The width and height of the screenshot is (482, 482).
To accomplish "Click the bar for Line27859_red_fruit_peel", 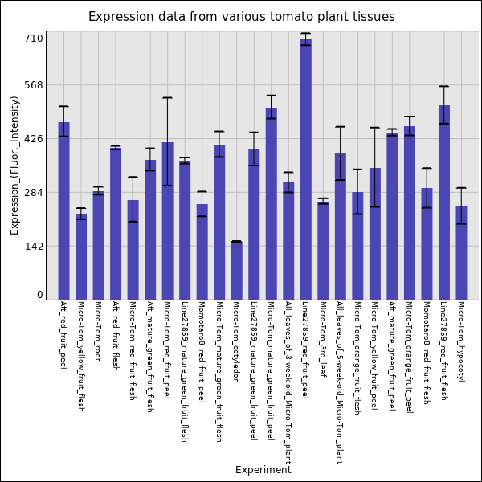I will (305, 170).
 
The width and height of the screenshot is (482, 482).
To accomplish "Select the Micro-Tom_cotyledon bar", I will (236, 271).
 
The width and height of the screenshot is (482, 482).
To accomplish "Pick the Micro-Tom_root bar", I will (98, 245).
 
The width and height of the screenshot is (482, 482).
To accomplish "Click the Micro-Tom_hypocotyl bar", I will (461, 253).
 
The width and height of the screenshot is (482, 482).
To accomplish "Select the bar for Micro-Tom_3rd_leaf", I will (323, 251).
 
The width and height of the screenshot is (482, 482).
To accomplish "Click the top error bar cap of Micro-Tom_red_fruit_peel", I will (167, 98).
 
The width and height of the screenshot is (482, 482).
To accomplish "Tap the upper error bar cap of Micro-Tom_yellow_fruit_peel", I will (374, 128).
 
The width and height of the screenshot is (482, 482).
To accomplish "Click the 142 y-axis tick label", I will (33, 247).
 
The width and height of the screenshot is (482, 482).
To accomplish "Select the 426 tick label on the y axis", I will (33, 139).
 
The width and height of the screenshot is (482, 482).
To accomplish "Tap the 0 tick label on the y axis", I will (39, 296).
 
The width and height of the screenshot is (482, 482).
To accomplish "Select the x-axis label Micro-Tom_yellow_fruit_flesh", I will (80, 356).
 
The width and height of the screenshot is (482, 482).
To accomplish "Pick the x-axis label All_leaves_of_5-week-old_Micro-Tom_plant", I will (340, 382).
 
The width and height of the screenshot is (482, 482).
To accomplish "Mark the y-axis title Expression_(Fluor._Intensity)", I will (14, 165).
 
